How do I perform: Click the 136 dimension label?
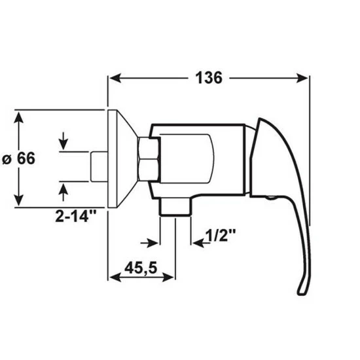[x=209, y=78]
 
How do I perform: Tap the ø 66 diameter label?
[x=18, y=158]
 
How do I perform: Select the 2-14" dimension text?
[x=75, y=216]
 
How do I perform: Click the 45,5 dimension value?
[x=141, y=268]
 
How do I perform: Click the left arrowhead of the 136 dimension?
[x=115, y=78]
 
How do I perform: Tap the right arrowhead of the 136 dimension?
[x=302, y=78]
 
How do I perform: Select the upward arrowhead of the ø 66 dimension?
[x=19, y=118]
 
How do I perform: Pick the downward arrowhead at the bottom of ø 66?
[x=19, y=199]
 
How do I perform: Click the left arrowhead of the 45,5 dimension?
[x=115, y=277]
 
